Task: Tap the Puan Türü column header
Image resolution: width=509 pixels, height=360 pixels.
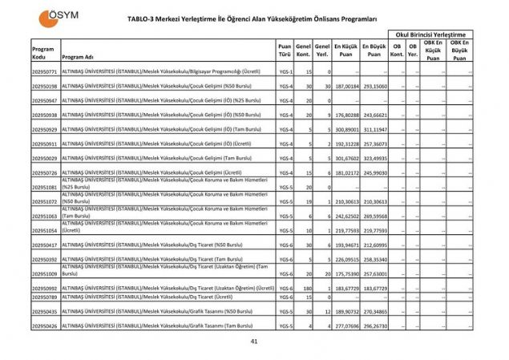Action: click(x=285, y=50)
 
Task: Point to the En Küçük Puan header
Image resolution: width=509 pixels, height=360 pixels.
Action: click(x=345, y=50)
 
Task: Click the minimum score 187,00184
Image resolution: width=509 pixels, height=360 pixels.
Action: click(x=345, y=86)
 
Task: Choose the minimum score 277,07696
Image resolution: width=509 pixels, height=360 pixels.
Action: click(x=345, y=326)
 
